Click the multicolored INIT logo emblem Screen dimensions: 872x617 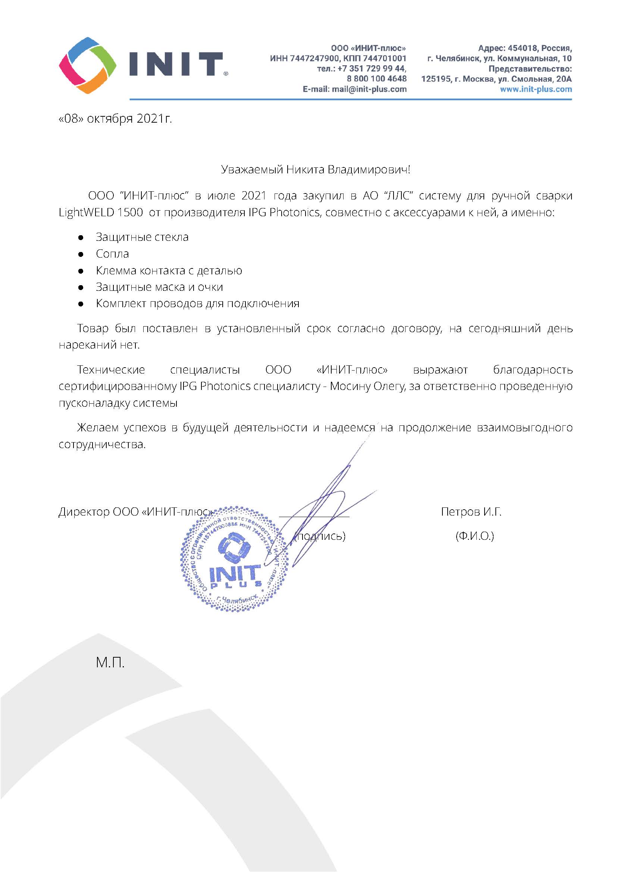(88, 65)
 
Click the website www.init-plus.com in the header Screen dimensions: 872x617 (536, 89)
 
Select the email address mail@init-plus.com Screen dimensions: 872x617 (369, 89)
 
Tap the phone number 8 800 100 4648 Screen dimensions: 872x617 (376, 79)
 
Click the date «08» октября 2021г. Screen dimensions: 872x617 (115, 119)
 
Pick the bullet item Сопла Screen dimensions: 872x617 (112, 254)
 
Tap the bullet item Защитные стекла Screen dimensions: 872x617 (142, 237)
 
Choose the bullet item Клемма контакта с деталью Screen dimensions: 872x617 (169, 270)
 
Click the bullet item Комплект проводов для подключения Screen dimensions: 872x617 (198, 303)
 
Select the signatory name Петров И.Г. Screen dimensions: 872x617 (471, 512)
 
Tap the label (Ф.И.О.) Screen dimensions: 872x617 (475, 536)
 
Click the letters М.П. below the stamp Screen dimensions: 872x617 (110, 662)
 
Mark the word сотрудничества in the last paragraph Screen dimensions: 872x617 (102, 444)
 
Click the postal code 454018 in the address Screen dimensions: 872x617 (522, 48)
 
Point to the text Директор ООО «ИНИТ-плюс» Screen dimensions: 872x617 (135, 512)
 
